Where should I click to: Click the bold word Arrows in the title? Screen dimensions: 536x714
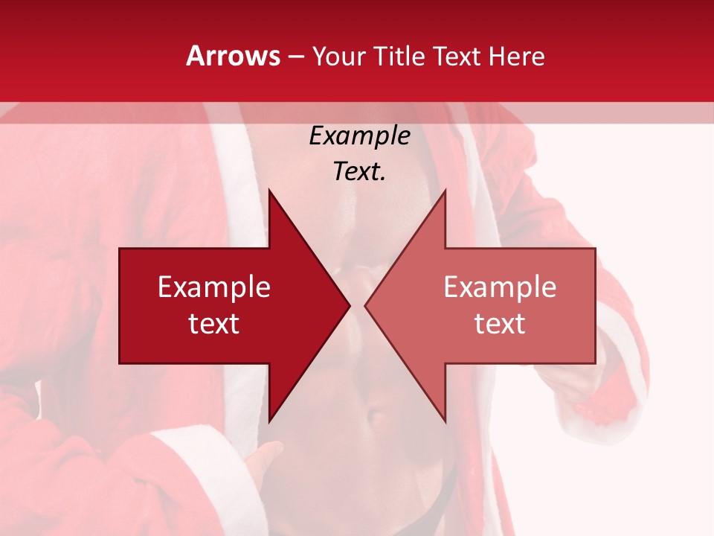click(233, 56)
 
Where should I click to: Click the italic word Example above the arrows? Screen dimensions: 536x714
click(359, 135)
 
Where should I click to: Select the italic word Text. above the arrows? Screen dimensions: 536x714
click(359, 172)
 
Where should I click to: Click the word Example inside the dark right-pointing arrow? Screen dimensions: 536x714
click(214, 287)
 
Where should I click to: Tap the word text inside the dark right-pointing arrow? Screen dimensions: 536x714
click(214, 323)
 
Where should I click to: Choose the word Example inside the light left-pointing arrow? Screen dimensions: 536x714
click(500, 287)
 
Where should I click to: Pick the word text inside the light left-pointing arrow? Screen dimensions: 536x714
click(500, 323)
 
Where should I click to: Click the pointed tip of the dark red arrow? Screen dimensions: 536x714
click(349, 305)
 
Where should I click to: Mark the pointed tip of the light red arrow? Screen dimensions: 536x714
click(366, 305)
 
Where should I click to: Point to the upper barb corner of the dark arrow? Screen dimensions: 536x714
click(269, 191)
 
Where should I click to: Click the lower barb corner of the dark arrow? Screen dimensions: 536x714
click(269, 421)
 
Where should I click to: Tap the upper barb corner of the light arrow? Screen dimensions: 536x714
click(445, 191)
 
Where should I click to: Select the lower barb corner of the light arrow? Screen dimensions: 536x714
click(445, 421)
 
